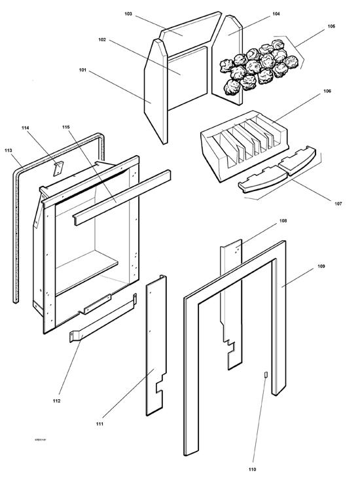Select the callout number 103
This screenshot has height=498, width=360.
click(128, 13)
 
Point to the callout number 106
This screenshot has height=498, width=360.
click(327, 91)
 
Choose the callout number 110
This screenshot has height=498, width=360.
click(253, 469)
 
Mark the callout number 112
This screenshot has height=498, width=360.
click(56, 400)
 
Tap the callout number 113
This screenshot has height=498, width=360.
click(8, 150)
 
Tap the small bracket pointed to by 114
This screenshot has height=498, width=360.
click(57, 168)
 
